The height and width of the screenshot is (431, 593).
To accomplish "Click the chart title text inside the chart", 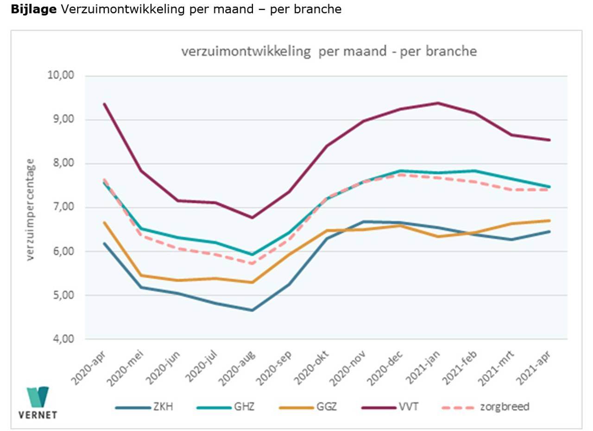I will (329, 51).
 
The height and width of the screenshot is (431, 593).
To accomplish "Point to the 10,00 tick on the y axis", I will (61, 76).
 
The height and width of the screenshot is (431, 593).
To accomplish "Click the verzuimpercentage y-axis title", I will (31, 210).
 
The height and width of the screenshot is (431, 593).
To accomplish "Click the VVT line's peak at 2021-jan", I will (438, 103).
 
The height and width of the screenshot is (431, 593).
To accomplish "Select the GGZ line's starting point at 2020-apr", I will (104, 222).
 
